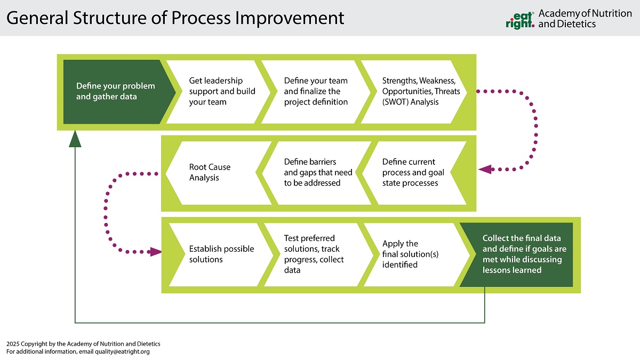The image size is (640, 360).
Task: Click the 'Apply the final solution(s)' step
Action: pyautogui.click(x=410, y=254)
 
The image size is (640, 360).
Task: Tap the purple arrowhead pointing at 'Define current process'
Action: pyautogui.click(x=485, y=169)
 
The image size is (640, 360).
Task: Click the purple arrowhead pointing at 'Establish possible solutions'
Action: pyautogui.click(x=156, y=251)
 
